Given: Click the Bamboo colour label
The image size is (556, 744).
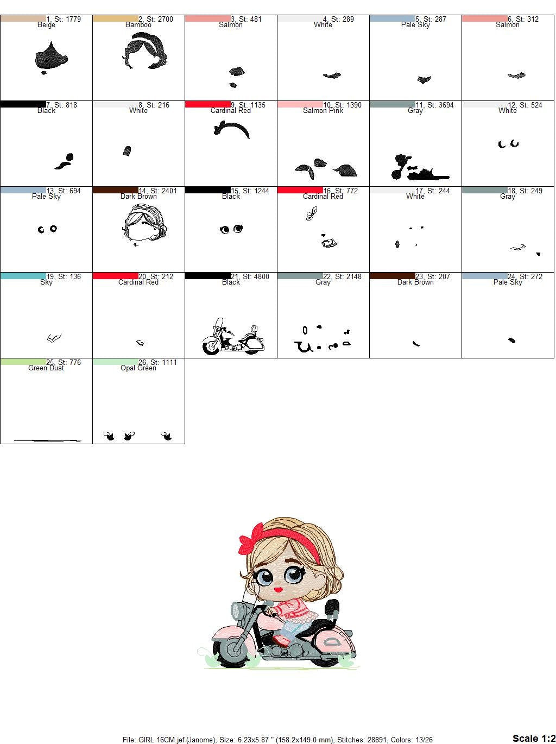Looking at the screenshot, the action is (x=138, y=25).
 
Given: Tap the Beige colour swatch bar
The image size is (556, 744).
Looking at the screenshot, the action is (x=23, y=18).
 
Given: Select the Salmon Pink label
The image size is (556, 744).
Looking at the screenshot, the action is (x=323, y=110).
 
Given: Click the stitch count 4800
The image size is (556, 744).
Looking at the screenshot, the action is (x=261, y=276).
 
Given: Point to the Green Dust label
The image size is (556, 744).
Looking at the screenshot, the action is (x=46, y=368).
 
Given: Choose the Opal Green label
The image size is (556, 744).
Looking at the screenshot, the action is (x=138, y=368).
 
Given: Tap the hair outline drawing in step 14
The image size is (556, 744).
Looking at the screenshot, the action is (x=144, y=222).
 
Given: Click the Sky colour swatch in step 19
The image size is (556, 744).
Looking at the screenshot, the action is (x=23, y=276).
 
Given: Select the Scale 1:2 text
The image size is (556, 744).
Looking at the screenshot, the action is (x=534, y=738).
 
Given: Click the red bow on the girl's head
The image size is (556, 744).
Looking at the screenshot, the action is (x=251, y=540).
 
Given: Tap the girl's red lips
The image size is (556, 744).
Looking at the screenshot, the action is (x=279, y=589).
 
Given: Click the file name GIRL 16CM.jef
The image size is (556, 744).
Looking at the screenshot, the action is (x=158, y=740).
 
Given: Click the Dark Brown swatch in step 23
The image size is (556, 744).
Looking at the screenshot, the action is (x=393, y=276).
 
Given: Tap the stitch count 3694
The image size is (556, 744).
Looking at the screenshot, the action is (x=445, y=105).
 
